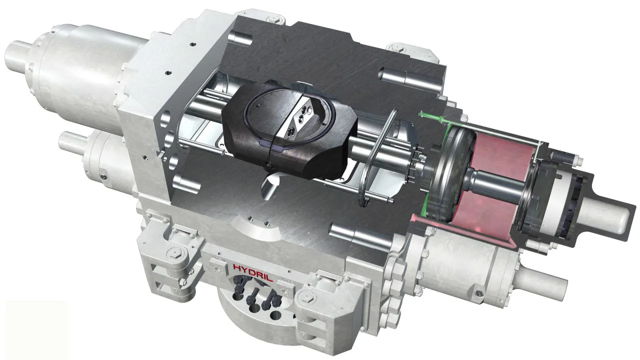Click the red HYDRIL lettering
click(253, 272)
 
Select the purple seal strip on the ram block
click(272, 146)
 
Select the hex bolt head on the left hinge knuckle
click(174, 253)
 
